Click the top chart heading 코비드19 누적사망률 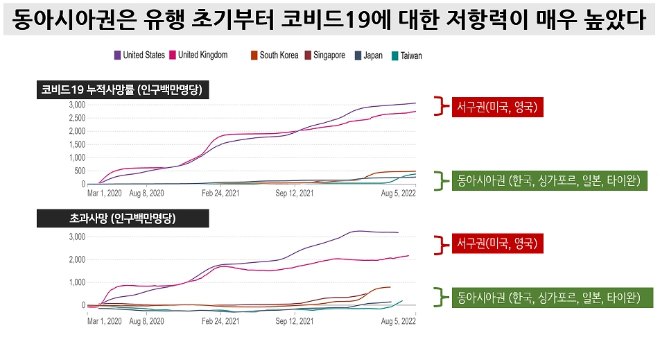(x=123, y=90)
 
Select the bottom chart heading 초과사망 (x=122, y=218)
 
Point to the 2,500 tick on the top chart (x=76, y=118)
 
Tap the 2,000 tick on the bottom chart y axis (x=76, y=259)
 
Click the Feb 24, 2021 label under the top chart (x=221, y=194)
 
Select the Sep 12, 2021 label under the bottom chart (x=294, y=321)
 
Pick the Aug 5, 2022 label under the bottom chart (x=399, y=321)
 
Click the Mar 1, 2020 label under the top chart (x=105, y=194)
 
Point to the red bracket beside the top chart (x=437, y=106)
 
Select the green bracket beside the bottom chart (x=437, y=297)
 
